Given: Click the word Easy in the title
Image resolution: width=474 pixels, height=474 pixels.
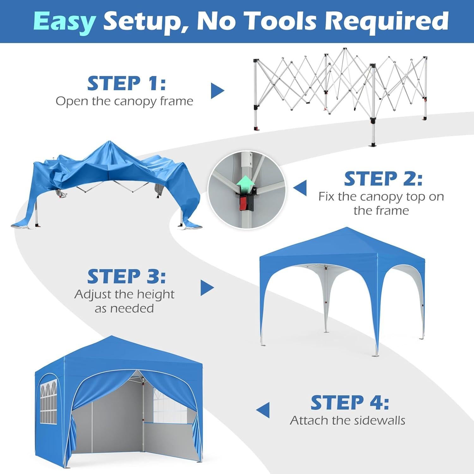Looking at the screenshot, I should (x=64, y=21).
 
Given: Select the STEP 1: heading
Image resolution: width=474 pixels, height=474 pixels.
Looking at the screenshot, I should (x=126, y=83).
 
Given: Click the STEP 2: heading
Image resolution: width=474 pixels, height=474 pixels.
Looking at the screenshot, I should (x=383, y=179).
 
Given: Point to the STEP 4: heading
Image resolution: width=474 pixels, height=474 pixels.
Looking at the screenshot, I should (x=349, y=403).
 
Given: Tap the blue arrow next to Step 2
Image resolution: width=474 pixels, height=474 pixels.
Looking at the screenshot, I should (x=300, y=188).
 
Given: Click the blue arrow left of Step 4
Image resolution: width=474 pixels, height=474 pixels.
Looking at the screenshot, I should (x=263, y=410).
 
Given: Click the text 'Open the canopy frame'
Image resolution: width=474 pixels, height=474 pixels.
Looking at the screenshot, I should (x=124, y=101).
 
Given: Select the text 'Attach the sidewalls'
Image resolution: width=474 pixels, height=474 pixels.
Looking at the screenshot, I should (x=347, y=420).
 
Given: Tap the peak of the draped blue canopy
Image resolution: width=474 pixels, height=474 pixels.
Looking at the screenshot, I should (x=109, y=142).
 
